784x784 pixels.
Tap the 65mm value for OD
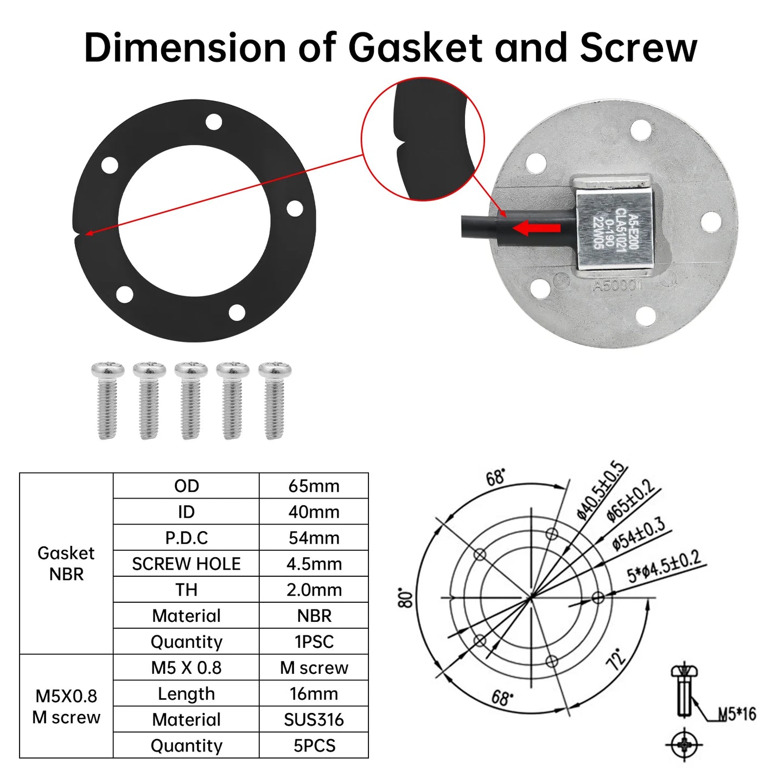point(314,486)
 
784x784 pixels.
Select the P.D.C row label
point(186,538)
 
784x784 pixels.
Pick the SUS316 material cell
point(314,719)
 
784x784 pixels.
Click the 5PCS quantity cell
point(314,745)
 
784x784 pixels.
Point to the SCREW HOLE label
point(186,564)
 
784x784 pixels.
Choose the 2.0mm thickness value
point(314,590)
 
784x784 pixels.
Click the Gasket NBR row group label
point(66,563)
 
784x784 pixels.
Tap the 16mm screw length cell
point(314,693)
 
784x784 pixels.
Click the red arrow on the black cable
point(536,228)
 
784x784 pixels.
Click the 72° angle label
point(616,659)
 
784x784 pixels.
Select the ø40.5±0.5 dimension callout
point(601,490)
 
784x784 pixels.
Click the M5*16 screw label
point(737,714)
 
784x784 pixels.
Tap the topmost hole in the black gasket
point(214,122)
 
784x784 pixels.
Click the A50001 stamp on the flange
point(617,285)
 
